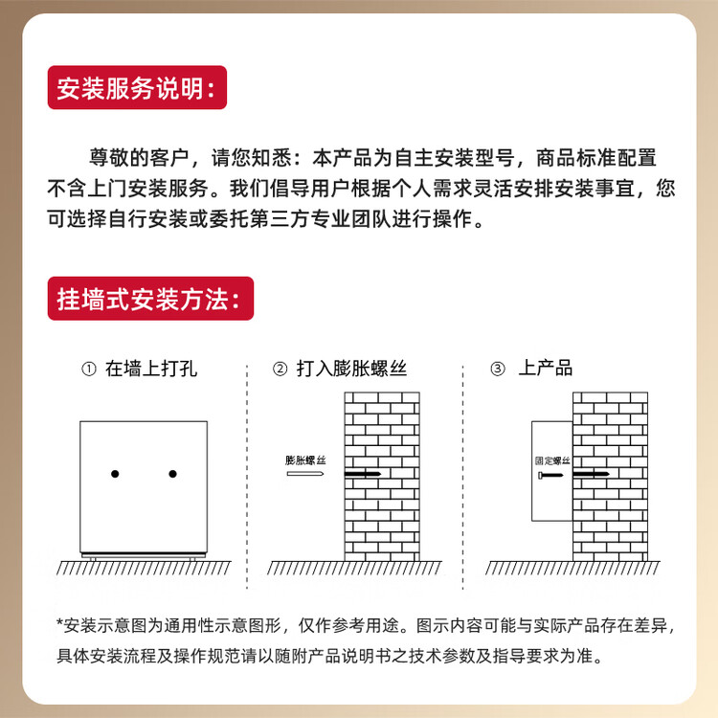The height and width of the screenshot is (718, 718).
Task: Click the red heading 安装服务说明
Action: pyautogui.click(x=136, y=88)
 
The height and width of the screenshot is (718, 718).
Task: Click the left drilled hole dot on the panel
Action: pyautogui.click(x=115, y=474)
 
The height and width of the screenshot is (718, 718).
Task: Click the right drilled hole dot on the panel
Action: pyautogui.click(x=173, y=474)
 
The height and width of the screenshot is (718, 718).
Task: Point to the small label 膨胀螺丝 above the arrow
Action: pyautogui.click(x=305, y=460)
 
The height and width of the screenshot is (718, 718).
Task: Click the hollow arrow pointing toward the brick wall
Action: pyautogui.click(x=304, y=474)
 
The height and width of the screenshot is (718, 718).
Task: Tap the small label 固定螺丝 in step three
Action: pyautogui.click(x=552, y=460)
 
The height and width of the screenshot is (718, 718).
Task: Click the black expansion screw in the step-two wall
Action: pyautogui.click(x=365, y=474)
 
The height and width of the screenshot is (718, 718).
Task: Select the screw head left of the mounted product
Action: pyautogui.click(x=543, y=474)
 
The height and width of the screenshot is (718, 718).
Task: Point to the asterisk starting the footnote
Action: pyautogui.click(x=59, y=625)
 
